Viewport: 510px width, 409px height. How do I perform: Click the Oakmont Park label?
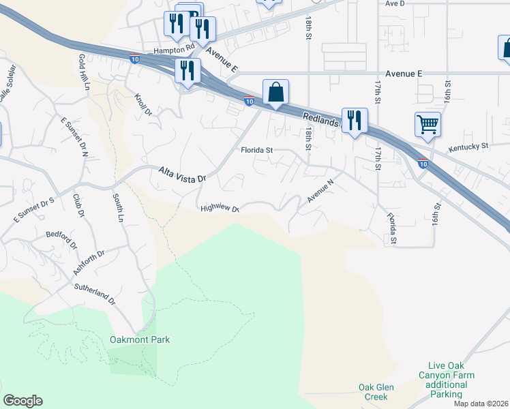(139, 339)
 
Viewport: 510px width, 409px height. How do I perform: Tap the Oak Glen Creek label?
(377, 392)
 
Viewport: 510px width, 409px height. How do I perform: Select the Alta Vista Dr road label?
(182, 175)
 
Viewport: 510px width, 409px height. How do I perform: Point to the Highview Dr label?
(220, 209)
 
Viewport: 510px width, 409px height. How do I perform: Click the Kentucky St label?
(468, 147)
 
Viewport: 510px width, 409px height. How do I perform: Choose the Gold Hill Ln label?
(85, 73)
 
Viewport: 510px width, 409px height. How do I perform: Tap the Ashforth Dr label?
(89, 263)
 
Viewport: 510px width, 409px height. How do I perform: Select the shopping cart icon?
(427, 124)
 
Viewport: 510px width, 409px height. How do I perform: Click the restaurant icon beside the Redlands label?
(354, 121)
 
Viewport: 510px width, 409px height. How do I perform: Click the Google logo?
(22, 401)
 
